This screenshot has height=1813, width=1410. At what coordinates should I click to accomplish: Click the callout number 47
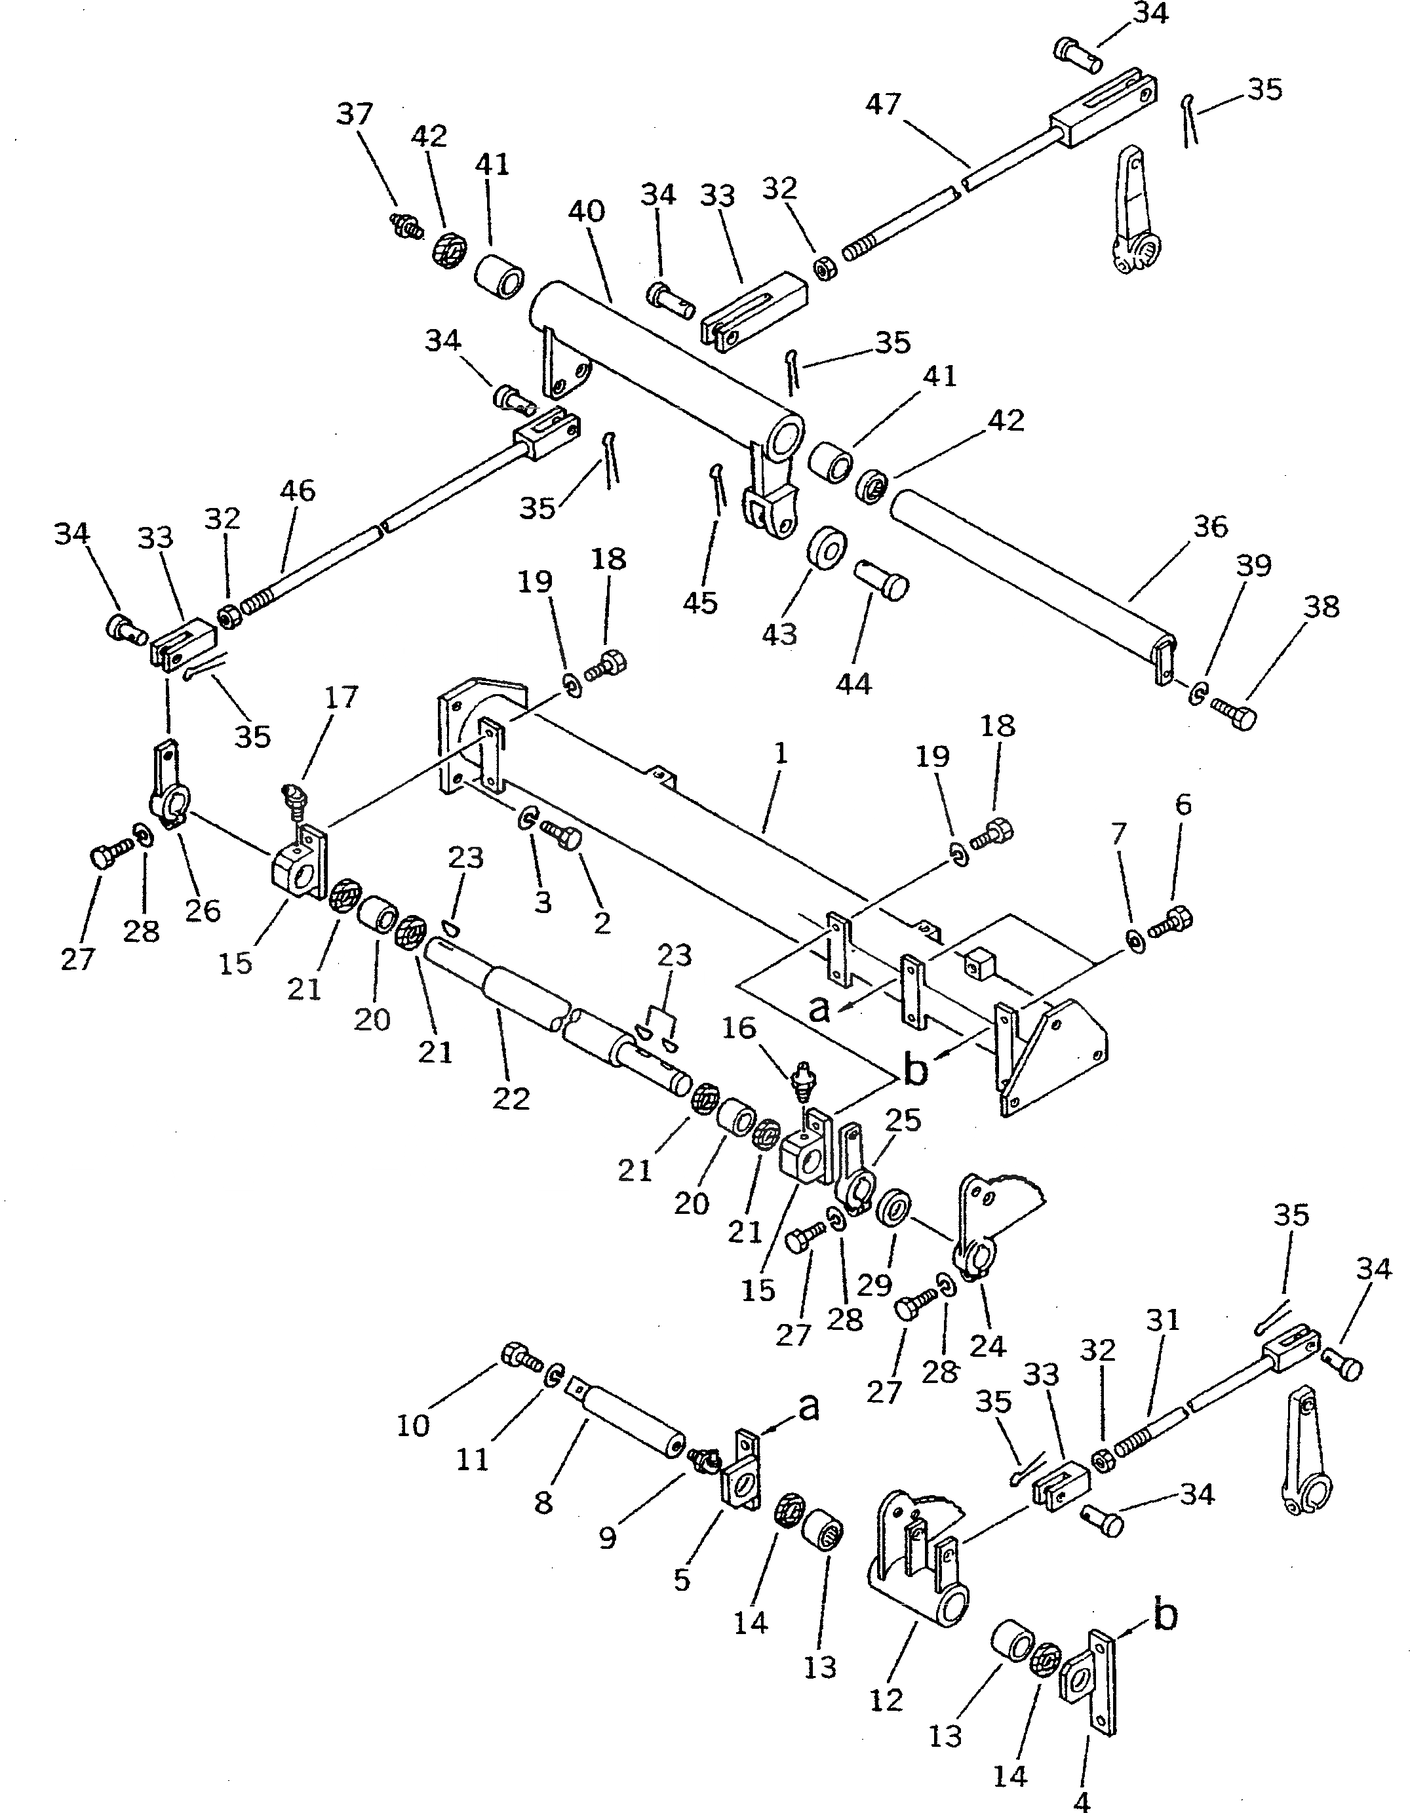click(883, 106)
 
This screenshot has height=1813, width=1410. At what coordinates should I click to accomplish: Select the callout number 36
click(1210, 526)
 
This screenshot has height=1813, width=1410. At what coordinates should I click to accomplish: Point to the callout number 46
click(298, 490)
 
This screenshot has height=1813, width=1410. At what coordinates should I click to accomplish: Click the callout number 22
click(511, 1099)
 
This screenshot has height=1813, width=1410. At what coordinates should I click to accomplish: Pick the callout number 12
click(886, 1700)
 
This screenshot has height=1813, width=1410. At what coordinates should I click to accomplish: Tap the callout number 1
click(780, 754)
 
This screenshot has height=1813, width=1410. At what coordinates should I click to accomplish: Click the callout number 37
click(355, 114)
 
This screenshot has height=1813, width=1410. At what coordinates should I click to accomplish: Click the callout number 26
click(203, 910)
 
